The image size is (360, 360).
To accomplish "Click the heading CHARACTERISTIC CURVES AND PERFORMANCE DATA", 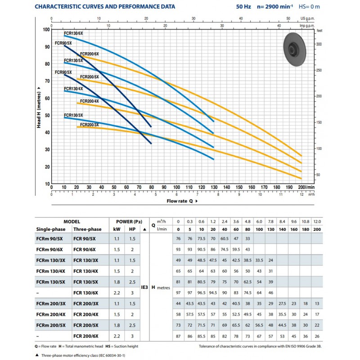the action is point(105,7).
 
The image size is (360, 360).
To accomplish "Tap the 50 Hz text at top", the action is point(243,7).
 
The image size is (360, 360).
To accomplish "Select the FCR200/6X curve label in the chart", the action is point(89,54).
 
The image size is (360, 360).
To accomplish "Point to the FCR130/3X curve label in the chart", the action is point(73,115).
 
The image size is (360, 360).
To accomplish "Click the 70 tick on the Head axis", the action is point(47,81).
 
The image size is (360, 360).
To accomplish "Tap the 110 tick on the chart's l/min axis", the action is point(189,187).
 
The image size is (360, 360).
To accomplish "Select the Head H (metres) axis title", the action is point(39,108).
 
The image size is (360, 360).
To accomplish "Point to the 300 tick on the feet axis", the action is point(319,44).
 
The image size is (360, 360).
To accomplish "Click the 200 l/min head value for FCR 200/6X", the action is point(317,336).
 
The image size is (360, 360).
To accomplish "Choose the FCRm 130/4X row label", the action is point(51,271).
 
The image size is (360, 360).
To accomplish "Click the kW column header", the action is point(117,229).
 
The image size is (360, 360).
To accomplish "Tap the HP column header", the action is point(132,229).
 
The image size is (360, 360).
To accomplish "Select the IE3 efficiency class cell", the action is point(144,287).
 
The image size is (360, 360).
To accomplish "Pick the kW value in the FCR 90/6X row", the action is point(117,250).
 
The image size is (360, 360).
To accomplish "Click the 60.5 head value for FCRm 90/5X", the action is point(225,238).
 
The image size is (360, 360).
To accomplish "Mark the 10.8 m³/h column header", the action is point(306,221).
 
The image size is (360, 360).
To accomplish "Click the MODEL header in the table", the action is point(72,221).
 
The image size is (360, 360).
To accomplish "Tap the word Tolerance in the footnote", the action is point(207,346).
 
